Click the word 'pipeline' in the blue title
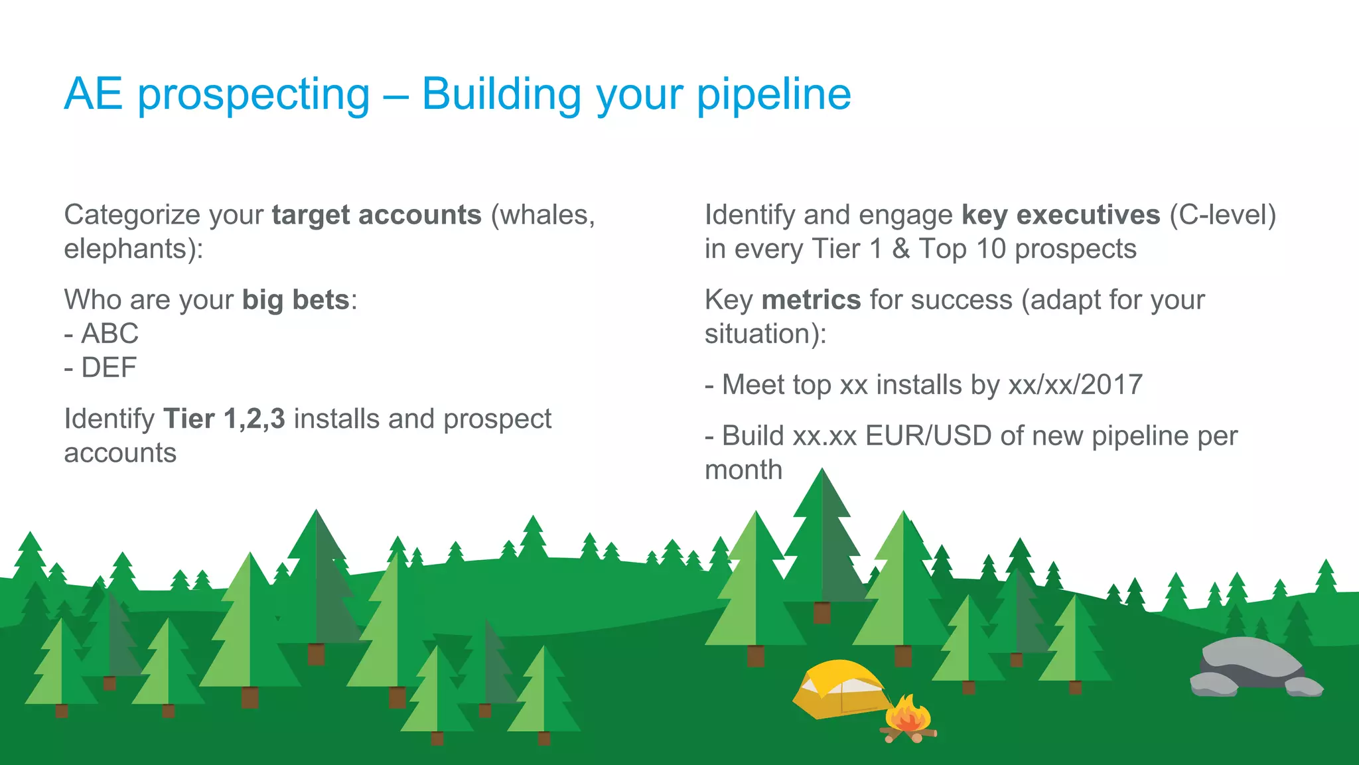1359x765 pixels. (773, 95)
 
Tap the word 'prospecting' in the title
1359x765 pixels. (253, 95)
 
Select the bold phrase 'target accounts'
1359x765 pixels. (376, 215)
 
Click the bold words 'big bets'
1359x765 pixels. (295, 300)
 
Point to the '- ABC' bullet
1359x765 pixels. (102, 334)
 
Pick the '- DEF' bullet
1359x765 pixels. (101, 368)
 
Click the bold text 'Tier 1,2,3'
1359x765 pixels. (224, 419)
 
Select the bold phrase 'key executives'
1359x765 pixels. (1060, 215)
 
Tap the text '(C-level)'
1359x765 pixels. (1222, 215)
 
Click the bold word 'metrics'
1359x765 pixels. (811, 300)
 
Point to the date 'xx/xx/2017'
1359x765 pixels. (1075, 385)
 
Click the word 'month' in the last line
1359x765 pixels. (743, 470)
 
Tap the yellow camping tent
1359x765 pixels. (837, 690)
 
